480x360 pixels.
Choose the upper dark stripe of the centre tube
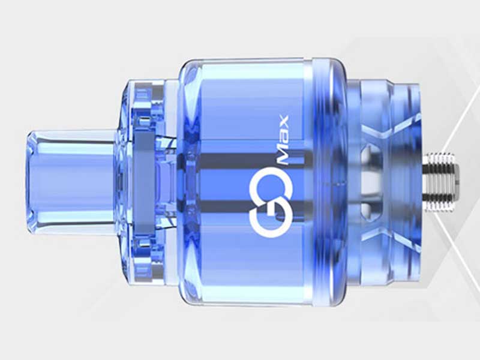(252, 158)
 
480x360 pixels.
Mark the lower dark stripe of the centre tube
(252, 205)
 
